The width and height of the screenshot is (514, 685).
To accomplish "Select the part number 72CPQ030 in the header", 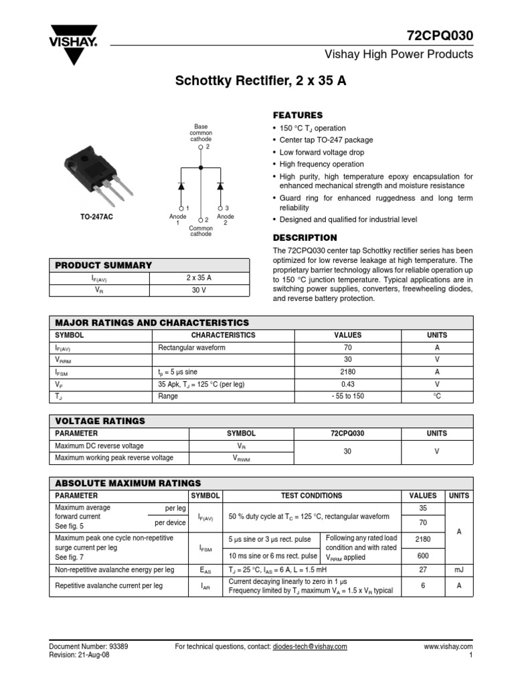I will [440, 35].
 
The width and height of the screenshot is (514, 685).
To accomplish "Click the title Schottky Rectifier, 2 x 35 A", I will [261, 82].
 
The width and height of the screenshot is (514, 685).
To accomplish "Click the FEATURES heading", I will [298, 115].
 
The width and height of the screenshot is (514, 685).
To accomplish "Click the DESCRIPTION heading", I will [305, 237].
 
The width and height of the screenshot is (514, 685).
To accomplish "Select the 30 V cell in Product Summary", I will [199, 290].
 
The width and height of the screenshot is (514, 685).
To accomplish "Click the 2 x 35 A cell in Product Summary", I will [199, 278].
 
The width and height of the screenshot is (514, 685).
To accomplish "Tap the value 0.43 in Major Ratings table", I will [347, 384].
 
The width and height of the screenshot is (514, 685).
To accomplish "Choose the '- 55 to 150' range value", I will [347, 396].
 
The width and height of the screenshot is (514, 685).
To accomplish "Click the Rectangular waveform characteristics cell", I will [192, 348].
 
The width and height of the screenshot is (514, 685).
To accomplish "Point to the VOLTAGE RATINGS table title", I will [100, 421].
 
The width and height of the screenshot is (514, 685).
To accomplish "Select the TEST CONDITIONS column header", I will [311, 496].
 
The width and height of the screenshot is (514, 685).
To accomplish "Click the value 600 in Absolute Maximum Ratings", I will [423, 555].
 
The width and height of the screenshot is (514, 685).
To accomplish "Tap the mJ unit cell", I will [458, 569].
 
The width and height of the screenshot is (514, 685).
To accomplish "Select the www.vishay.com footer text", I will [448, 646].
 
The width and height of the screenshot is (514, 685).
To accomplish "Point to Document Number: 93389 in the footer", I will [89, 646].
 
